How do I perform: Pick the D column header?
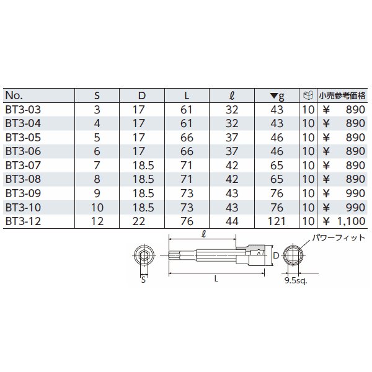pyautogui.click(x=141, y=95)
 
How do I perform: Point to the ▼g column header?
pyautogui.click(x=277, y=95)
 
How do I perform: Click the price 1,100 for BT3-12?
pyautogui.click(x=350, y=221)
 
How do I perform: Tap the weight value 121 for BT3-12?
pyautogui.click(x=277, y=221)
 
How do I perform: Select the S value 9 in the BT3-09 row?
pyautogui.click(x=96, y=193)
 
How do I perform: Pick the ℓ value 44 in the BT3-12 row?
pyautogui.click(x=231, y=221)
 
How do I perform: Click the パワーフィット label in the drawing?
pyautogui.click(x=337, y=237)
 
